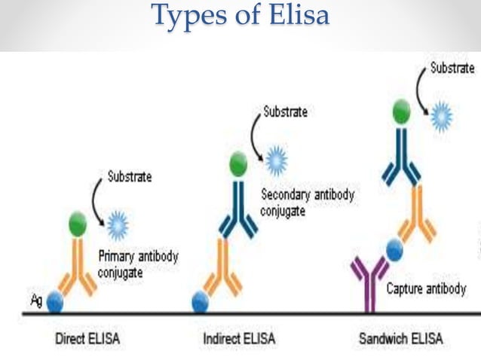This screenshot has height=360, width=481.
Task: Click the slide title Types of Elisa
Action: click(240, 17)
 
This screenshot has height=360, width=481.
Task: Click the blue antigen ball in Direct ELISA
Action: click(55, 302)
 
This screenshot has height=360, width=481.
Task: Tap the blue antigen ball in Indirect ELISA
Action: click(200, 302)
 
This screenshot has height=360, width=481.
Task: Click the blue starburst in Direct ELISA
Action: click(118, 224)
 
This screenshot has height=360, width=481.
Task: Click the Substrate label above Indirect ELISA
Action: click(285, 112)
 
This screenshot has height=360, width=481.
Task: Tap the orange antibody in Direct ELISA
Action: click(78, 267)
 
